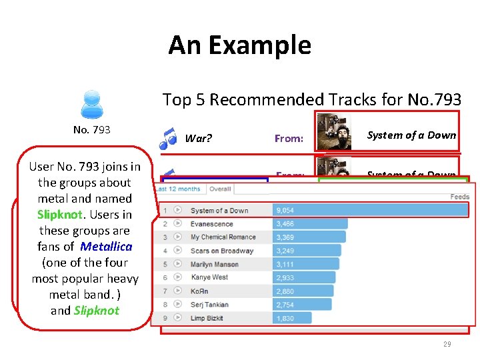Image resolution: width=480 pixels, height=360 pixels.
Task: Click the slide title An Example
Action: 239,45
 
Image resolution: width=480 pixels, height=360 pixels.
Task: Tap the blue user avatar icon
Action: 91,104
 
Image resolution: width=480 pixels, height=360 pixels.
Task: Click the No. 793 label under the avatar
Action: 92,129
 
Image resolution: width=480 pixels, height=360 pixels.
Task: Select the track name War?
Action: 198,139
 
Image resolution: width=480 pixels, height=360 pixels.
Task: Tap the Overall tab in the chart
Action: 220,189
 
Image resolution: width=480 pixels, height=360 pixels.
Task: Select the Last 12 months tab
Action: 178,189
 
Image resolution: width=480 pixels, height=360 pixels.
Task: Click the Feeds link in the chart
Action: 460,197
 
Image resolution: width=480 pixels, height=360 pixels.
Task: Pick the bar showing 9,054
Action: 370,211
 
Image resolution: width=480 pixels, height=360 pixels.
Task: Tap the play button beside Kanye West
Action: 178,278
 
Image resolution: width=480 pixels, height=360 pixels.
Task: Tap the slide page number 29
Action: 447,344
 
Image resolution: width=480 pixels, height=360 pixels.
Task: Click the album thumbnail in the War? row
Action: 334,131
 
